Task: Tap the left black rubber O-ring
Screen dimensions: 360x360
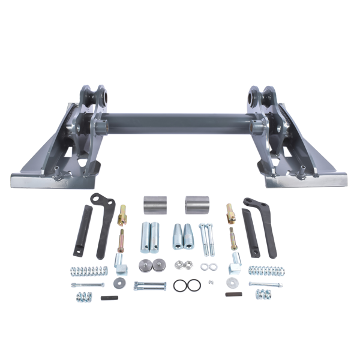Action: (x=179, y=286)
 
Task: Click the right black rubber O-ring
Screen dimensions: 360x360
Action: (x=193, y=286)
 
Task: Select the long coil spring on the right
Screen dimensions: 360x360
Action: (x=266, y=271)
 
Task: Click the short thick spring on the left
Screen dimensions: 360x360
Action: (x=83, y=295)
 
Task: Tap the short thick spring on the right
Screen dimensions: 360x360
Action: (x=263, y=294)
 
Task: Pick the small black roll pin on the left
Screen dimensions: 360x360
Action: (x=109, y=297)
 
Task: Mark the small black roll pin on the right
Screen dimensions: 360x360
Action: (x=233, y=294)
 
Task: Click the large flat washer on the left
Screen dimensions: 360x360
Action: (x=118, y=283)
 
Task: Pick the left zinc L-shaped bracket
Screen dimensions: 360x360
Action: (x=119, y=260)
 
